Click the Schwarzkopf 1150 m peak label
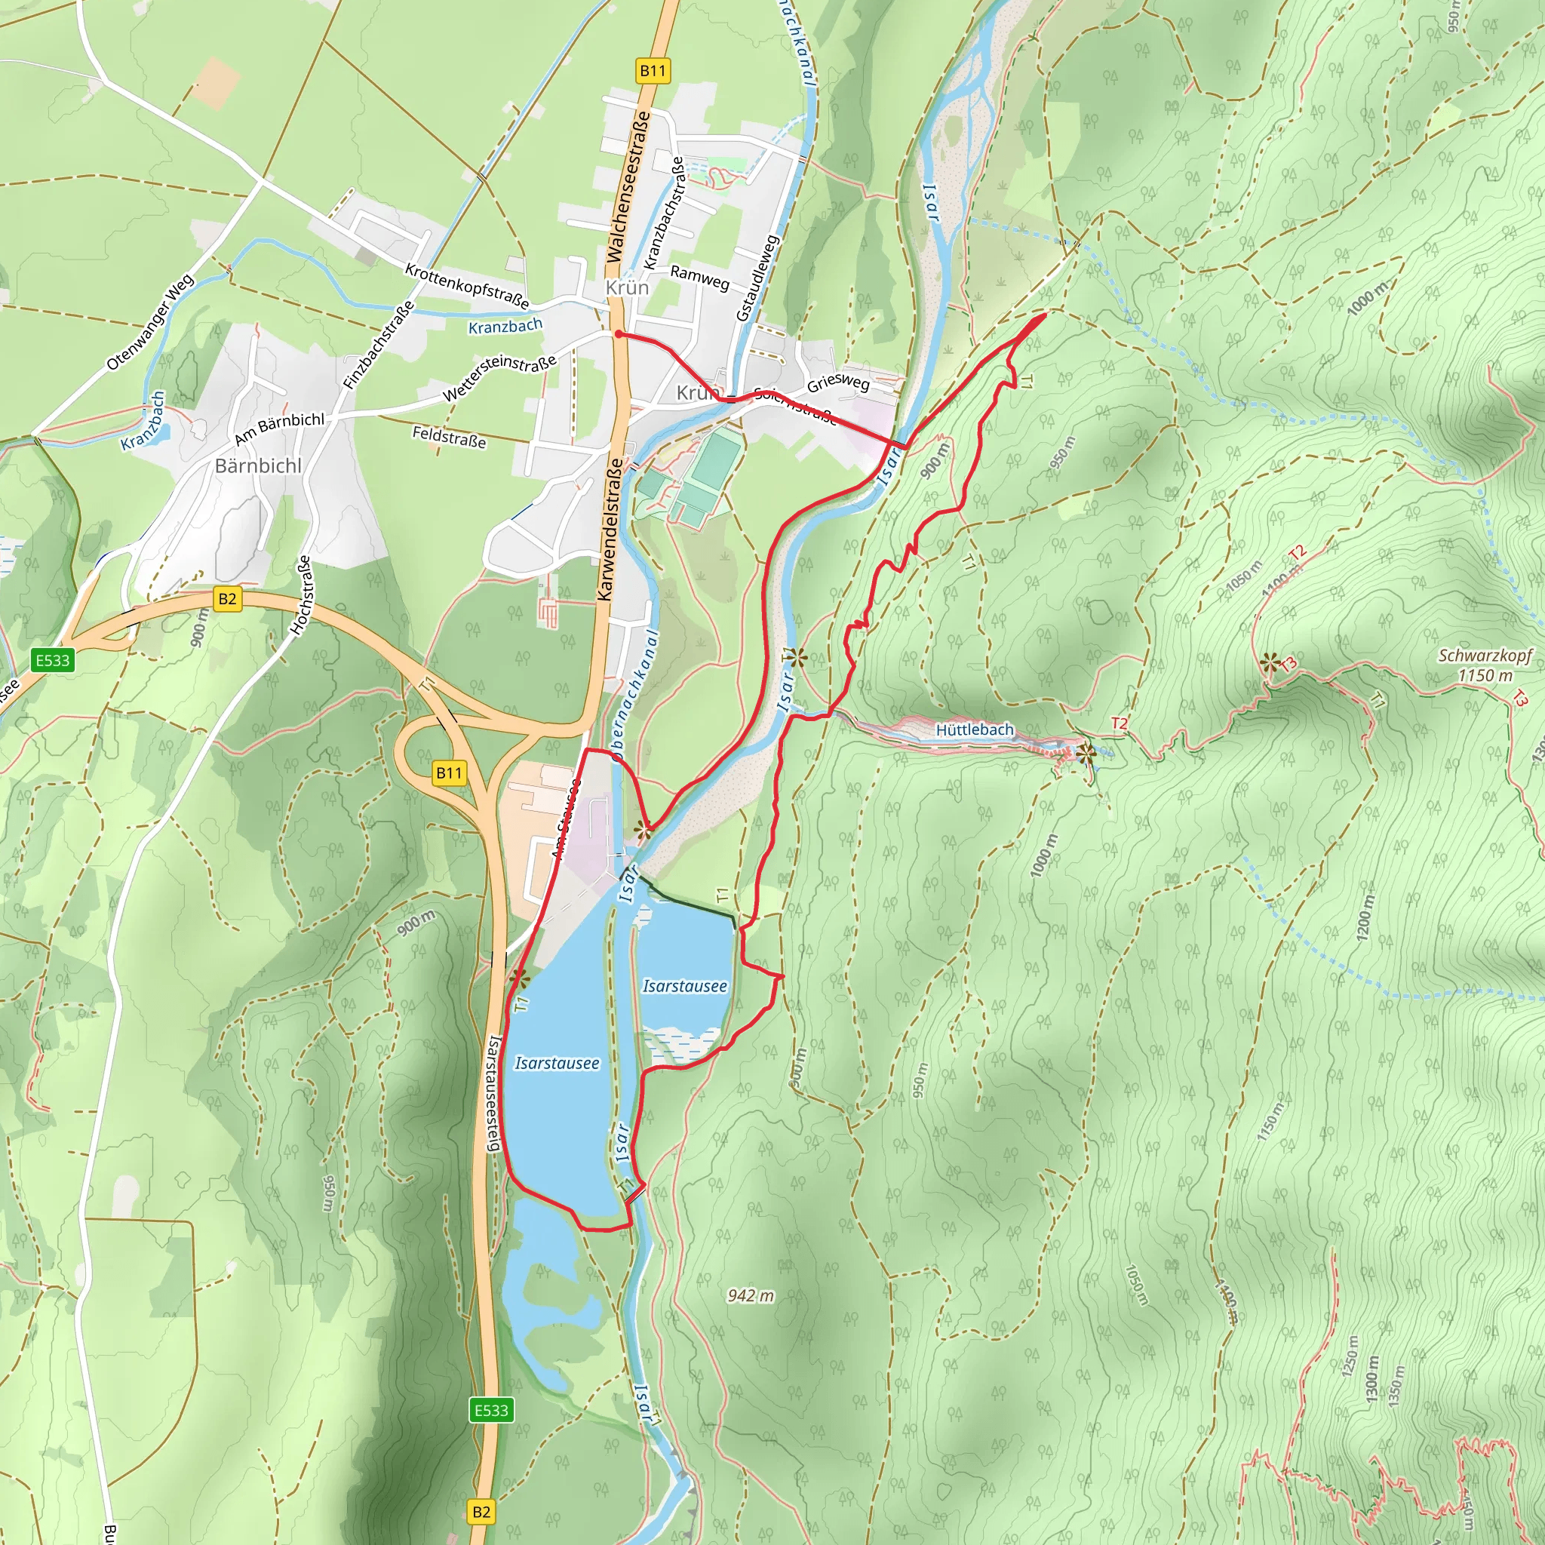click(x=1484, y=665)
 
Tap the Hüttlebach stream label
click(x=974, y=729)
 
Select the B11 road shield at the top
click(x=653, y=70)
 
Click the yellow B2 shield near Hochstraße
click(x=227, y=599)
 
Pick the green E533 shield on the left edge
click(x=53, y=660)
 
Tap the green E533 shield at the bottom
click(x=491, y=1410)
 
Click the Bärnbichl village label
click(x=258, y=465)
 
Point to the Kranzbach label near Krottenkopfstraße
click(x=505, y=326)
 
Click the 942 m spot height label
click(x=750, y=1295)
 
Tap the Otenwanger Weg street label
click(x=150, y=322)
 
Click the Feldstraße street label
click(x=449, y=437)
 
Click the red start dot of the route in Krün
click(x=618, y=334)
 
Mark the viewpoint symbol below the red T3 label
click(x=1269, y=662)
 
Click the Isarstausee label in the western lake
click(x=557, y=1063)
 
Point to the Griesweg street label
click(x=837, y=383)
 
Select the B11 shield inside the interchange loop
click(x=449, y=772)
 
